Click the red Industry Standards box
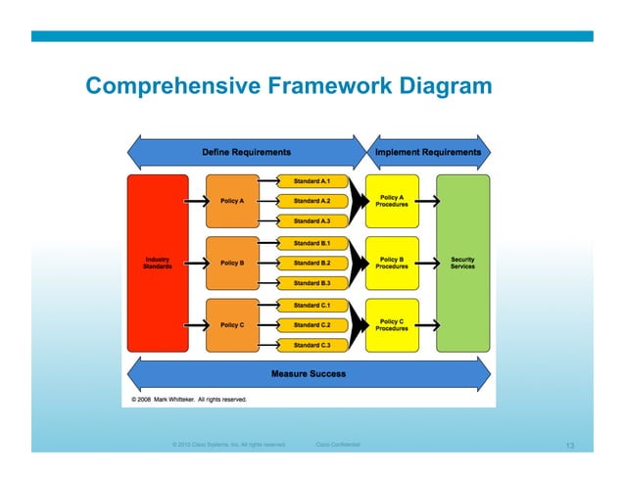(157, 263)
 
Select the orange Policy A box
(232, 201)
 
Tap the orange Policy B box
(232, 263)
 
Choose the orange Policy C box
(232, 324)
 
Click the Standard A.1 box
(312, 181)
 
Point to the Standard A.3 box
(312, 221)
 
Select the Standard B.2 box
(312, 263)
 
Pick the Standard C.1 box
(312, 305)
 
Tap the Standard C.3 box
(312, 345)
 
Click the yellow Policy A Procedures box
(392, 201)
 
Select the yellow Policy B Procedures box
(392, 263)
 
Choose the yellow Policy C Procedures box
(392, 324)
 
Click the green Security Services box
(462, 263)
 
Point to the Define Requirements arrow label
(246, 152)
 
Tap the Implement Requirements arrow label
(428, 152)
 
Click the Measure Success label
(308, 374)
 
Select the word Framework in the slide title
(327, 88)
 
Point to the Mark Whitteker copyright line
(183, 400)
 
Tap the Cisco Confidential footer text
(338, 445)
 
